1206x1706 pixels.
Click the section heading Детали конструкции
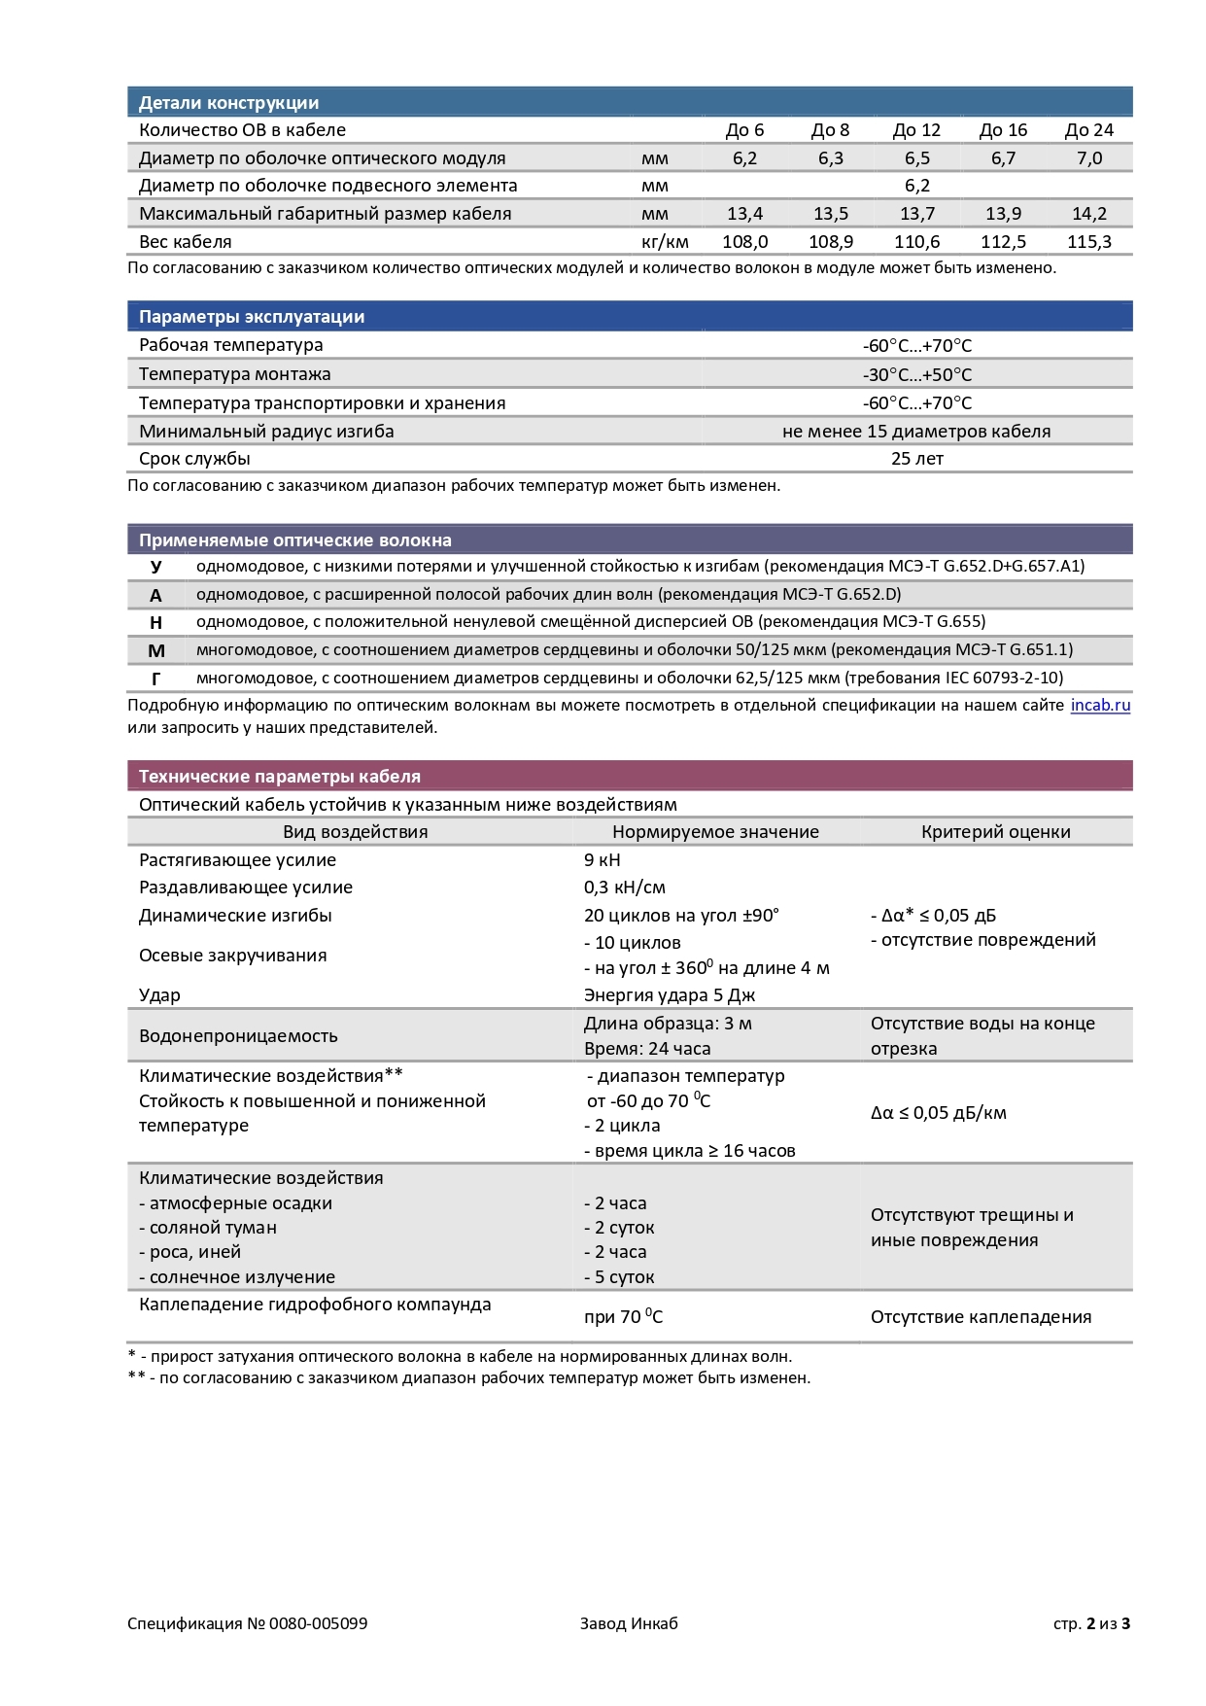(228, 103)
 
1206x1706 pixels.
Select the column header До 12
(916, 130)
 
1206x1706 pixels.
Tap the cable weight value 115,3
(1088, 242)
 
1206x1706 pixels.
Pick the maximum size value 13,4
(744, 214)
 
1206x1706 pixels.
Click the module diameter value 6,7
(1003, 158)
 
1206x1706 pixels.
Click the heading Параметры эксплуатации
(252, 317)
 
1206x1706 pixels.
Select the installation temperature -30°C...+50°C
(916, 375)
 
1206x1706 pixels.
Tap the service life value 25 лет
(916, 459)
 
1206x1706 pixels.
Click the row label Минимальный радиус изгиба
(266, 432)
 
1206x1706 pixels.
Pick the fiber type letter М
(156, 650)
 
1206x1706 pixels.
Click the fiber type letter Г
(156, 679)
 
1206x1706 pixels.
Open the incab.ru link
(1100, 706)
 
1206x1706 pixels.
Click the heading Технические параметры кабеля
(280, 777)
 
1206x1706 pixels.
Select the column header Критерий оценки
(995, 832)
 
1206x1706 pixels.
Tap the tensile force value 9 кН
(602, 860)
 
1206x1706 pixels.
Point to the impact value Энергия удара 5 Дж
(669, 995)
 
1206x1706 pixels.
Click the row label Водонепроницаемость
(238, 1036)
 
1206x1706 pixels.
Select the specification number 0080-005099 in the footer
(318, 1623)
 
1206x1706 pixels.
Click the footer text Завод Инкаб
(629, 1623)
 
